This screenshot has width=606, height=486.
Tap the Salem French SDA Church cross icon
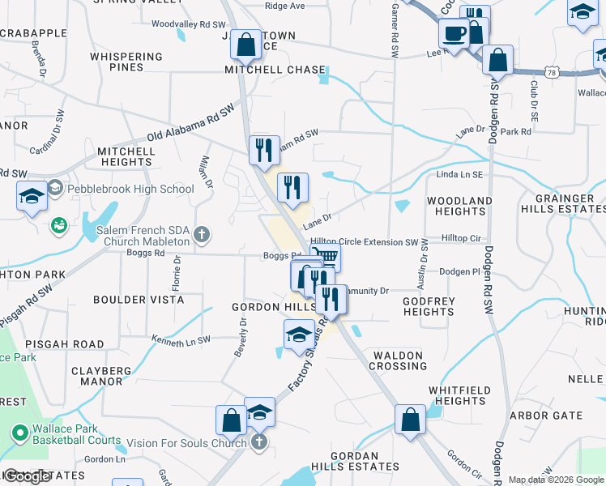[203, 236]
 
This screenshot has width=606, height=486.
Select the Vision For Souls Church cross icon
[258, 442]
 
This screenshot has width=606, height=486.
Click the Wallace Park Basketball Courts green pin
[20, 433]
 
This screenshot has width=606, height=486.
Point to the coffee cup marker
[454, 34]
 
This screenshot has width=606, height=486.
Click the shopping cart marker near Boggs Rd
[326, 257]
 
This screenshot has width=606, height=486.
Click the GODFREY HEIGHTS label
[429, 306]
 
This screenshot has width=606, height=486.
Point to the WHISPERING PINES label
[126, 62]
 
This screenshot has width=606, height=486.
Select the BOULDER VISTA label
[132, 300]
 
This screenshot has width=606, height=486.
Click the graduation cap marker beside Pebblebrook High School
[32, 196]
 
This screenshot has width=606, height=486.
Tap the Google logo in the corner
[27, 476]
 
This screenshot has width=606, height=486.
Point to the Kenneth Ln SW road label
[181, 339]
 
